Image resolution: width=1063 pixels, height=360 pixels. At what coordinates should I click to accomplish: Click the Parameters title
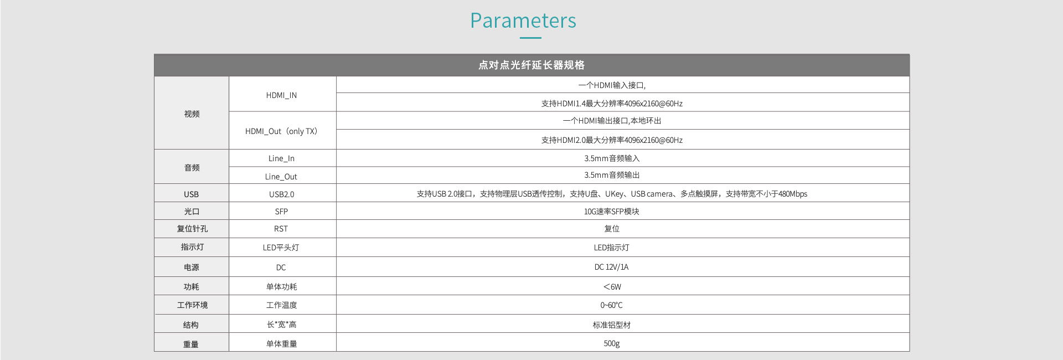pos(523,20)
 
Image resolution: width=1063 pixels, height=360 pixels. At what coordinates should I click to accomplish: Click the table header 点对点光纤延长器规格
pos(531,65)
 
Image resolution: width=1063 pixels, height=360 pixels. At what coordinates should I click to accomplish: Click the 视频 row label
pos(192,114)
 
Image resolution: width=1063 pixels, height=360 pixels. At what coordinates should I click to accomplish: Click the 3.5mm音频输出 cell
pos(612,175)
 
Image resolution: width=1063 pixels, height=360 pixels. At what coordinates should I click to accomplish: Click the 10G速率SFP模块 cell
pos(612,212)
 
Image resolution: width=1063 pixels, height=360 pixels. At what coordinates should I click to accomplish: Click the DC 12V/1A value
pos(612,267)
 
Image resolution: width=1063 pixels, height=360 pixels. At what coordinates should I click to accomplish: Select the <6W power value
pos(612,287)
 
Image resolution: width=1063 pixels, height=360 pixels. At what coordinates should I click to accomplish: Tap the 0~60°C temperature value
pos(612,305)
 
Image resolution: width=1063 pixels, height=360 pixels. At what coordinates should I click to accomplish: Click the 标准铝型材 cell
pos(612,325)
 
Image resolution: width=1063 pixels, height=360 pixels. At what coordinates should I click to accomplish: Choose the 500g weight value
pos(612,343)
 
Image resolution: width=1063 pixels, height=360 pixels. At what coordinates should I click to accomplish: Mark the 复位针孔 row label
pos(192,229)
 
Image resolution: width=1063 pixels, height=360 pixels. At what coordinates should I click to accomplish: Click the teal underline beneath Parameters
pos(530,38)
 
